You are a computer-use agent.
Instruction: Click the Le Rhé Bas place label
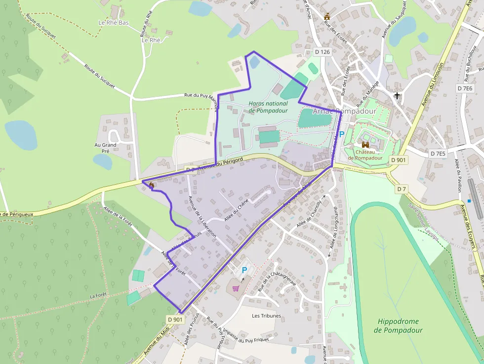click(x=114, y=23)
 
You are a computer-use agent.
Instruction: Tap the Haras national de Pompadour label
click(x=268, y=107)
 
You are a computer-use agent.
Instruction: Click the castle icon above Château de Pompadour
click(x=365, y=145)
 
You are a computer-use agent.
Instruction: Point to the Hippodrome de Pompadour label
click(x=398, y=325)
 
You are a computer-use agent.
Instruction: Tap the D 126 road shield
click(x=322, y=52)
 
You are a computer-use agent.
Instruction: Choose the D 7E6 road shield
click(x=465, y=88)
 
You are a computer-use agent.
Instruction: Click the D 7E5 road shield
click(x=437, y=154)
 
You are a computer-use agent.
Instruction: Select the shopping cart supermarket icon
click(x=236, y=288)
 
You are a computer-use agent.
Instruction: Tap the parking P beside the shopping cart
click(x=244, y=270)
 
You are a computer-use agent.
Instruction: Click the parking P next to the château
click(x=341, y=134)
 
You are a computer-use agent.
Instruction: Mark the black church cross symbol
click(x=397, y=95)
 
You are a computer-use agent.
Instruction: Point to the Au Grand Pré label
click(x=106, y=148)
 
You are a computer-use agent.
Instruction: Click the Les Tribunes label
click(x=266, y=316)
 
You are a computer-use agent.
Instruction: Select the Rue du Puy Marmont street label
click(x=201, y=96)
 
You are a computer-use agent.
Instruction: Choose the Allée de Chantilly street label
click(x=309, y=215)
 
